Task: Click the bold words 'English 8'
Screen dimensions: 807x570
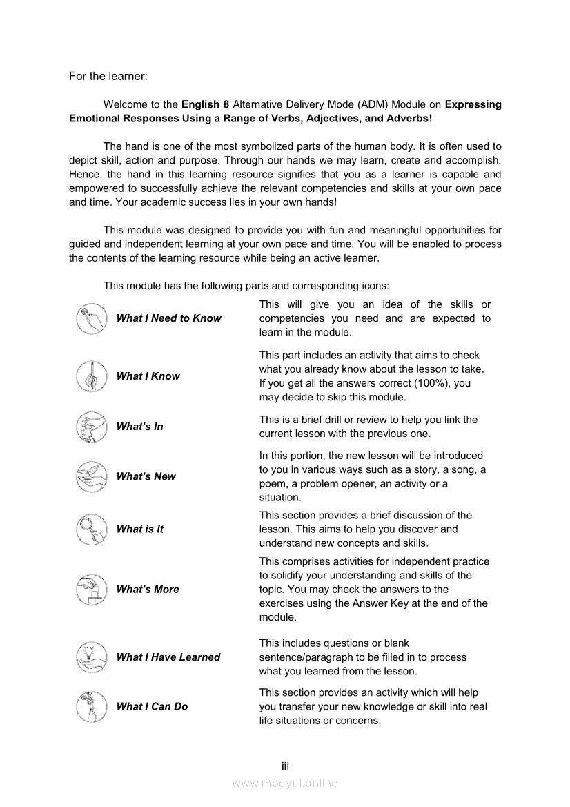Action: tap(205, 105)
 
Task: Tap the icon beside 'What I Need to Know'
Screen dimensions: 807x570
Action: tap(92, 318)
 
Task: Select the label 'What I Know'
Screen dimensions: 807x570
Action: tap(148, 376)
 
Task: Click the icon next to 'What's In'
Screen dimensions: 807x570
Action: tap(92, 427)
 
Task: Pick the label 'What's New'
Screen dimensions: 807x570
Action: tap(146, 476)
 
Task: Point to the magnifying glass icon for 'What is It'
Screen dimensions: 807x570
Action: tap(92, 529)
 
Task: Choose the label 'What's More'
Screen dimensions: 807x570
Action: tap(148, 590)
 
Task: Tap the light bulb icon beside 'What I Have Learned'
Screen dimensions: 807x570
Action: tap(92, 657)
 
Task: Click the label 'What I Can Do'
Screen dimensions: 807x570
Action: tap(152, 706)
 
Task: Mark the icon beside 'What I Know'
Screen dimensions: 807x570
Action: tap(92, 376)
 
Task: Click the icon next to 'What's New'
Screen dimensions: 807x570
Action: tap(92, 476)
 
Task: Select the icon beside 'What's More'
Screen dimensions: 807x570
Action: tap(92, 590)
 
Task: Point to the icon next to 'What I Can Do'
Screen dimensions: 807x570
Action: tap(92, 706)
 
